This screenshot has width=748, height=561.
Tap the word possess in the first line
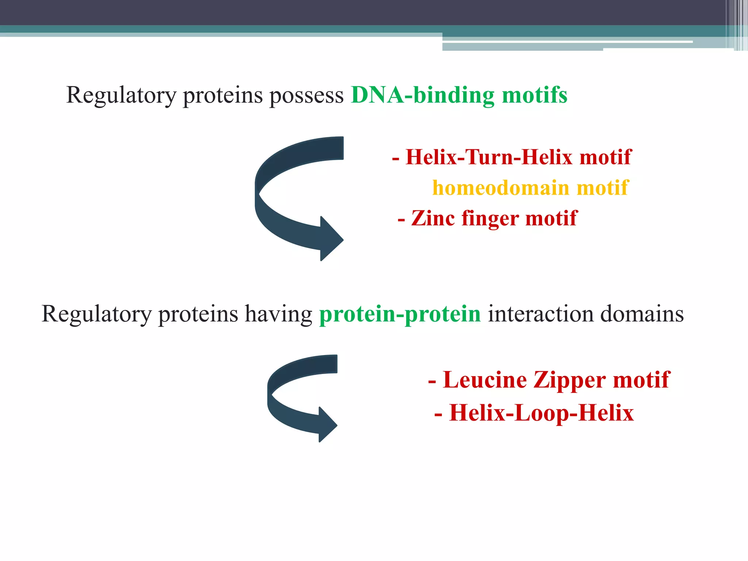click(306, 96)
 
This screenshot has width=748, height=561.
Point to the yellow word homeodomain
click(500, 188)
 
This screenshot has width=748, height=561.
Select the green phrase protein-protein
click(400, 314)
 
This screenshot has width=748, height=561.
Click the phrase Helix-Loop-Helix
click(541, 413)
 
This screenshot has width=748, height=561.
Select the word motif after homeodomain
click(603, 188)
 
